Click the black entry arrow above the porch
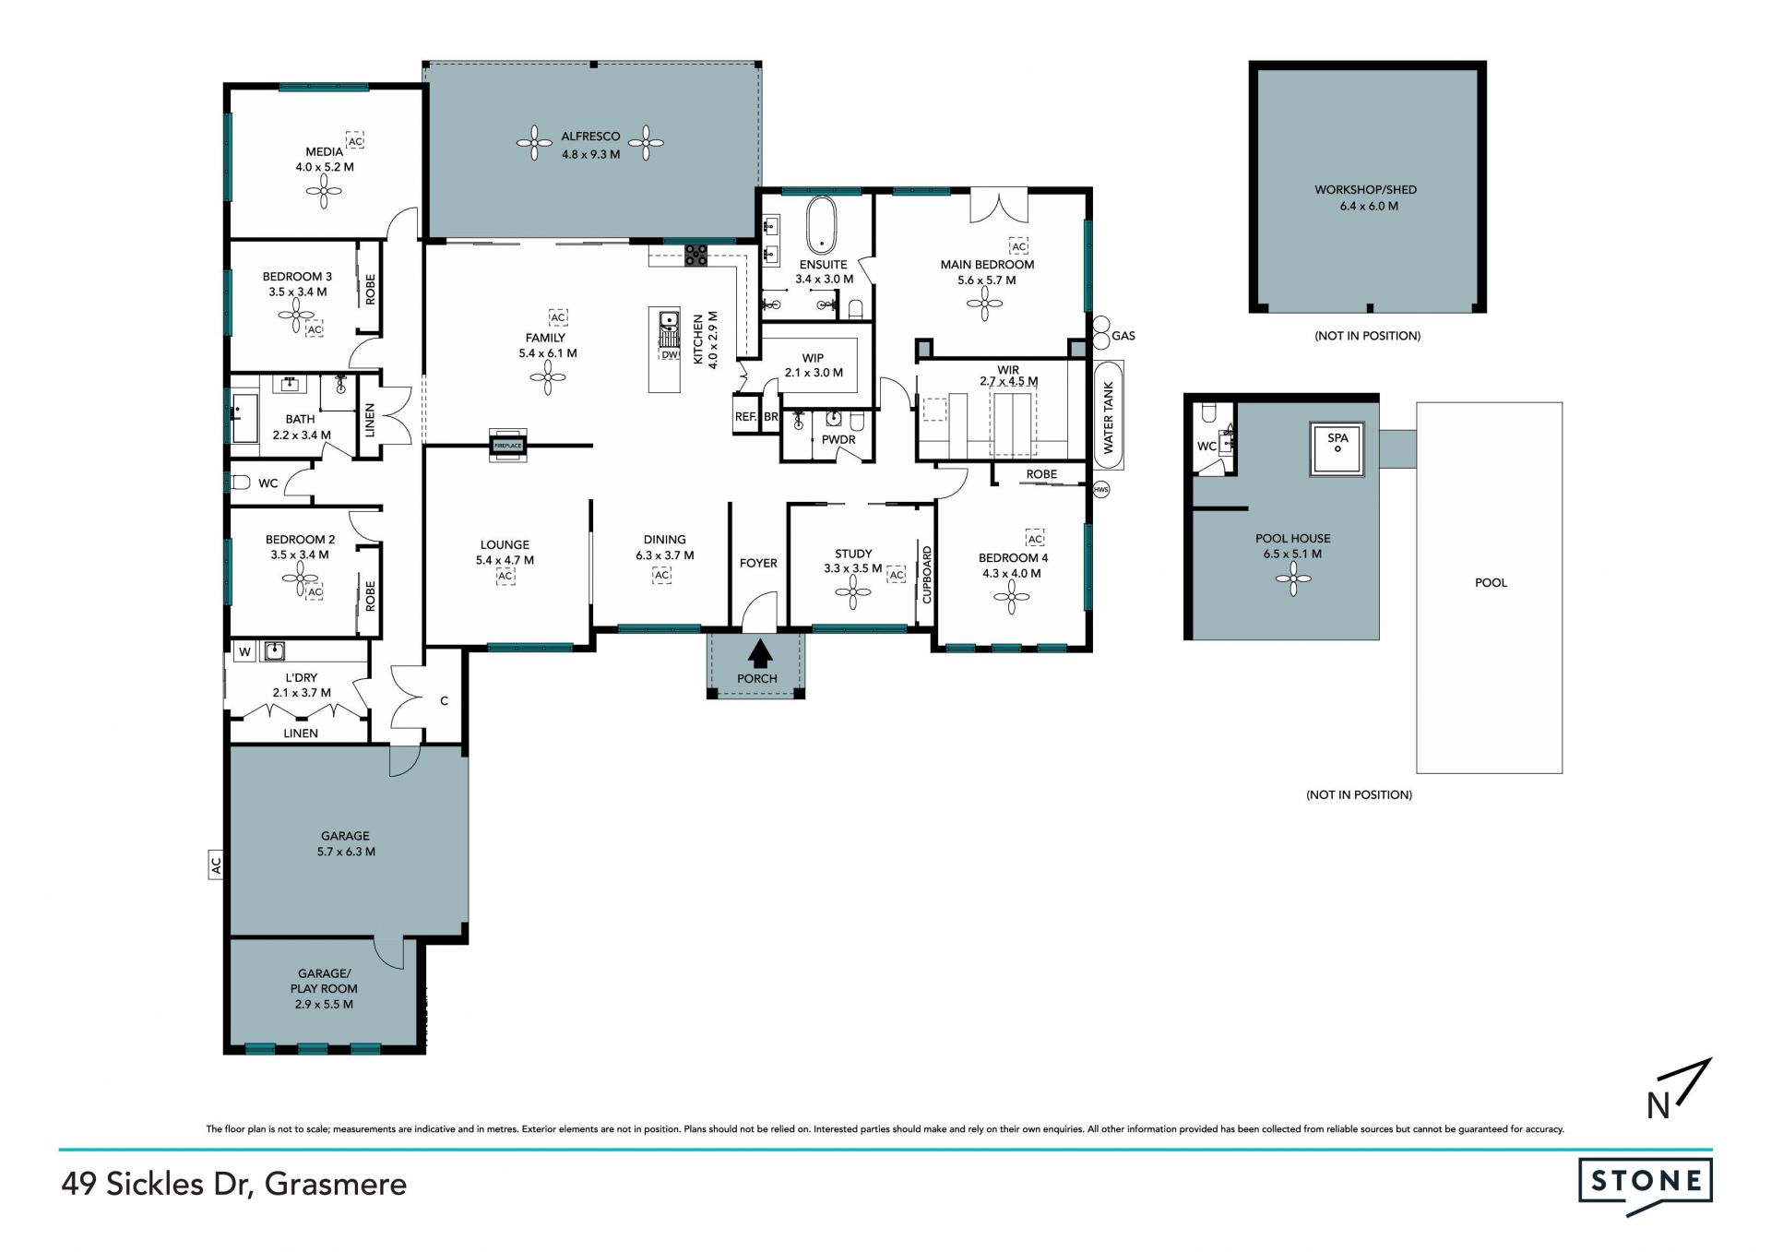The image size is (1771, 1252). tap(760, 653)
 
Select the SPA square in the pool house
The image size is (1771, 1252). tap(1337, 449)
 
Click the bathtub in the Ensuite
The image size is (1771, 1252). tap(820, 223)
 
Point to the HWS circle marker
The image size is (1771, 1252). tap(1100, 490)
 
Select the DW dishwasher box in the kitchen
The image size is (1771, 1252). tap(670, 354)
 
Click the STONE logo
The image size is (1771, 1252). tap(1646, 1187)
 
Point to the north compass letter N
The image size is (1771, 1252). tap(1658, 1106)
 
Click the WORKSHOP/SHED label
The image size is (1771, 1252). tap(1365, 190)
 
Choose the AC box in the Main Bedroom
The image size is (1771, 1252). tap(1018, 246)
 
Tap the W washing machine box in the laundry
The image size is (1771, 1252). tap(244, 652)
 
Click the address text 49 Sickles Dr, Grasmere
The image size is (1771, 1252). tap(234, 1184)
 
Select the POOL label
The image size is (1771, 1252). tap(1491, 582)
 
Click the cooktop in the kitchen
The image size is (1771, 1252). tap(695, 255)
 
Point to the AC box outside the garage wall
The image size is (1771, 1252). tap(216, 865)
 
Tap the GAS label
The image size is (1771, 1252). tap(1123, 336)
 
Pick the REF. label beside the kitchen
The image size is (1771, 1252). tap(745, 417)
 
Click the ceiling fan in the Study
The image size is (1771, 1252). tap(852, 596)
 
